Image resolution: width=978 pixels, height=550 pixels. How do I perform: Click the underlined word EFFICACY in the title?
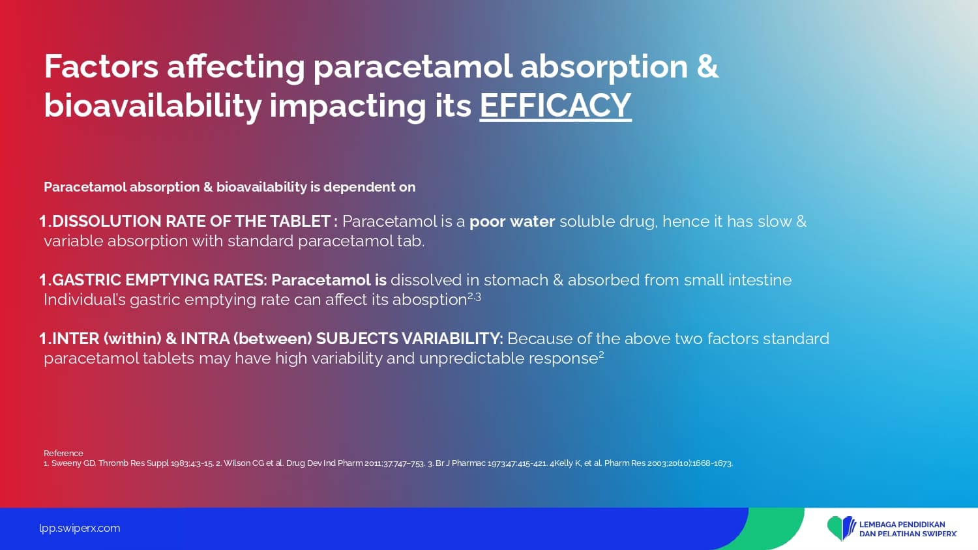pyautogui.click(x=556, y=105)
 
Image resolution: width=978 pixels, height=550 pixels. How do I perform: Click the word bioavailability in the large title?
pyautogui.click(x=153, y=106)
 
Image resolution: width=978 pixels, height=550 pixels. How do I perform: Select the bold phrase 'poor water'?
pyautogui.click(x=512, y=222)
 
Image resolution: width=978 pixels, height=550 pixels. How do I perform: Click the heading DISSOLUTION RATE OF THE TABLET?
pyautogui.click(x=191, y=222)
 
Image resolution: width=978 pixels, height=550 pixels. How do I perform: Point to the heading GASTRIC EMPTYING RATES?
pyautogui.click(x=159, y=280)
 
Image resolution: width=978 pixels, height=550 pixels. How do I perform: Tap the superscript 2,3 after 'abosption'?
pyautogui.click(x=474, y=297)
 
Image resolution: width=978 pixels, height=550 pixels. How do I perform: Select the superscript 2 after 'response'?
pyautogui.click(x=601, y=355)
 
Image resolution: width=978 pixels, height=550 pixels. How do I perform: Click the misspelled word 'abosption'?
pyautogui.click(x=430, y=300)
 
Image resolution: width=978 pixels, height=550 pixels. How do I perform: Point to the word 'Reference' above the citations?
pyautogui.click(x=63, y=453)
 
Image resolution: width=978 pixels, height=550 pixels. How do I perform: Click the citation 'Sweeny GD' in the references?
pyautogui.click(x=73, y=463)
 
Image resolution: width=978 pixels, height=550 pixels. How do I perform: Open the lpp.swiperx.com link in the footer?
pyautogui.click(x=80, y=528)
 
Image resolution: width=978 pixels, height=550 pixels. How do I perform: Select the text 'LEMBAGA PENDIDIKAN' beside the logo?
pyautogui.click(x=902, y=524)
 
